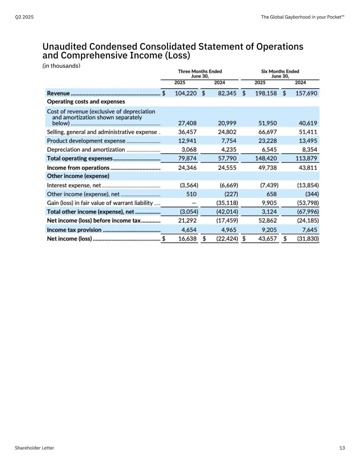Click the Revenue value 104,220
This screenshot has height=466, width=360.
point(186,93)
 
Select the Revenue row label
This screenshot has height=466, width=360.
point(58,93)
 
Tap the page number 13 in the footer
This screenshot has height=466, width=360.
point(342,448)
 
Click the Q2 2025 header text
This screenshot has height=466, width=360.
point(24,17)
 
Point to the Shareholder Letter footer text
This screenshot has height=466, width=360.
point(34,448)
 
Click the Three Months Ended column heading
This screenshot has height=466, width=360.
point(200,71)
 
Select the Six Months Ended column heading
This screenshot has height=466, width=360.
point(280,71)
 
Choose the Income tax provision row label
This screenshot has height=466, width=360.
point(74,230)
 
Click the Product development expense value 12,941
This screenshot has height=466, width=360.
point(187,141)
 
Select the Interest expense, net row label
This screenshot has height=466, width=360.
point(74,185)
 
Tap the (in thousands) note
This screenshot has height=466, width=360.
point(61,66)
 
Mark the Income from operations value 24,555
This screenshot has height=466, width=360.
point(227,168)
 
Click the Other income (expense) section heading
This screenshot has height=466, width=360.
point(78,176)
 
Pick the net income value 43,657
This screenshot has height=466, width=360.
point(268,239)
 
